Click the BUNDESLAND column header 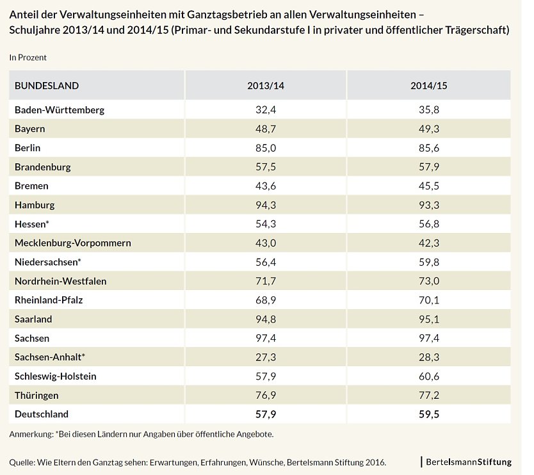pos(47,86)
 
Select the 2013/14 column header pos(265,86)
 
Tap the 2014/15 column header pos(428,86)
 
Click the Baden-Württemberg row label pos(60,109)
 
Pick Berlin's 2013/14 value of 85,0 pos(265,148)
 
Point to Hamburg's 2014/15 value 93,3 pos(428,205)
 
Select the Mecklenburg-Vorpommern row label pos(73,243)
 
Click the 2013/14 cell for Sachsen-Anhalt pos(265,357)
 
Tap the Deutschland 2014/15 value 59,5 pos(428,414)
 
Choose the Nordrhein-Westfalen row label pos(61,281)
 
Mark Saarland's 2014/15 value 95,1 pos(428,319)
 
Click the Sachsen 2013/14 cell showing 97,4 pos(265,338)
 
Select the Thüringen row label pos(36,395)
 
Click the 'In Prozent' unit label pos(28,58)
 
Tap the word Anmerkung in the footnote pos(30,434)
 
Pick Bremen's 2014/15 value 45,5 pos(428,186)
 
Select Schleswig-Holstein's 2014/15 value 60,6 pos(428,376)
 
